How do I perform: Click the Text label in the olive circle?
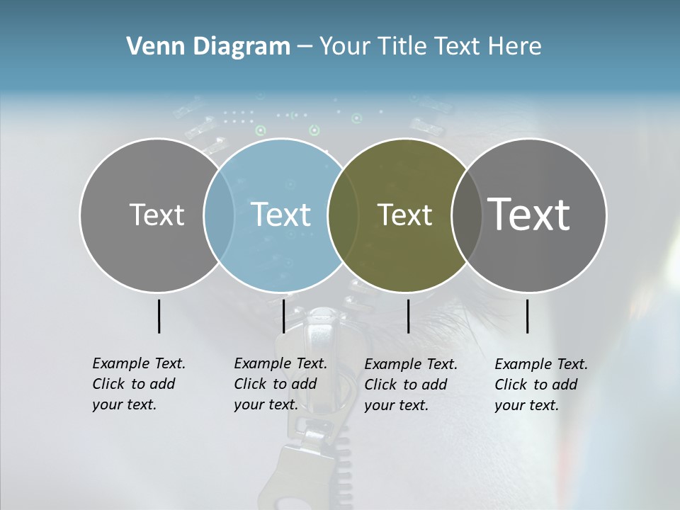[x=404, y=215]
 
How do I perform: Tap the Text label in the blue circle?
[x=280, y=215]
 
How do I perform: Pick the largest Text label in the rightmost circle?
[x=528, y=214]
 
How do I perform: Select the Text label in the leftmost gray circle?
[x=157, y=215]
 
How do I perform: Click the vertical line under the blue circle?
[x=283, y=316]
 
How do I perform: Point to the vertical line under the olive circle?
[x=408, y=316]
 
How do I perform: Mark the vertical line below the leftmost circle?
[x=159, y=316]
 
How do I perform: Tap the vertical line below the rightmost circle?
[x=528, y=316]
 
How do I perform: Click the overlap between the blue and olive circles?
[x=343, y=215]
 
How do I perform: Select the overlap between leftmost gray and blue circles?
[x=219, y=215]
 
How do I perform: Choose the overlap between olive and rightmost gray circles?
[x=465, y=215]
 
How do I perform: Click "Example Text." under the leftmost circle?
[x=139, y=363]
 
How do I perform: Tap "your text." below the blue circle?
[x=266, y=404]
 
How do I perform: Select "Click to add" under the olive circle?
[x=406, y=385]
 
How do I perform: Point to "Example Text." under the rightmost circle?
[x=541, y=364]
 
